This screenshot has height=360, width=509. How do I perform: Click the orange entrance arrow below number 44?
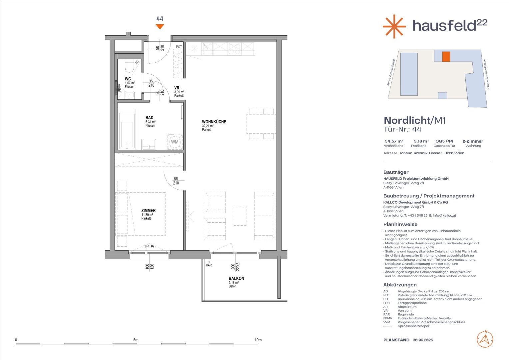pyautogui.click(x=160, y=27)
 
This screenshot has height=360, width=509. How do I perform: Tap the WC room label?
pyautogui.click(x=128, y=79)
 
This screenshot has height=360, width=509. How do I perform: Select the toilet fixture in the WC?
pyautogui.click(x=130, y=66)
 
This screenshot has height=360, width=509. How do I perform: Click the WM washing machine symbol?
pyautogui.click(x=175, y=142)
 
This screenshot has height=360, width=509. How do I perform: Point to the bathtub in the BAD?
pyautogui.click(x=127, y=131)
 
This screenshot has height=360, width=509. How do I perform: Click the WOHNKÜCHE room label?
pyautogui.click(x=214, y=122)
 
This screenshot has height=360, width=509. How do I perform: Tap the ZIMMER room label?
pyautogui.click(x=148, y=211)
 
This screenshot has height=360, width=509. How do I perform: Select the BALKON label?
pyautogui.click(x=236, y=278)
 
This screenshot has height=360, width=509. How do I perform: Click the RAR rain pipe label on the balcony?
pyautogui.click(x=209, y=265)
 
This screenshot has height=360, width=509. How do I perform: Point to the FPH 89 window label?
pyautogui.click(x=149, y=246)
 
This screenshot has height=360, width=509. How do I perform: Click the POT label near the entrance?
pyautogui.click(x=179, y=47)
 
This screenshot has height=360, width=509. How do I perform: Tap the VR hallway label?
pyautogui.click(x=177, y=88)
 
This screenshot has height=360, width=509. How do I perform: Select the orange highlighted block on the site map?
pyautogui.click(x=446, y=57)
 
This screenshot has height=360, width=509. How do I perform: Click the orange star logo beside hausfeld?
pyautogui.click(x=394, y=26)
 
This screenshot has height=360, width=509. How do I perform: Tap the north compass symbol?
pyautogui.click(x=485, y=339)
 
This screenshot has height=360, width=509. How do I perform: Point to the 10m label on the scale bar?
pyautogui.click(x=258, y=340)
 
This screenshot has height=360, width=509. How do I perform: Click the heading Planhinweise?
pyautogui.click(x=400, y=224)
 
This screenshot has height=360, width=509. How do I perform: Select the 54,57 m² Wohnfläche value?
pyautogui.click(x=394, y=141)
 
